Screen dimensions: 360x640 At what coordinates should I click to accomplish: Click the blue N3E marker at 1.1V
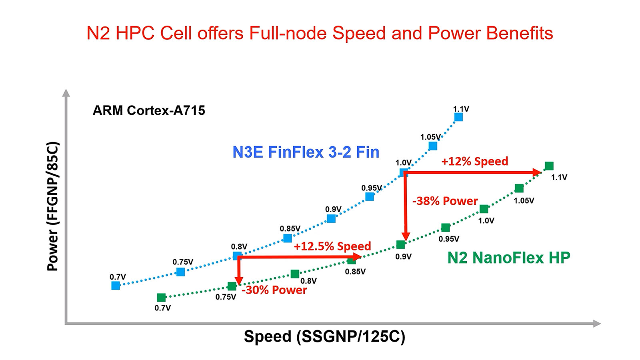pyautogui.click(x=458, y=117)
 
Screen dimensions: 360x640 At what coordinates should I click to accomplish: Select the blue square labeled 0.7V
pyautogui.click(x=116, y=286)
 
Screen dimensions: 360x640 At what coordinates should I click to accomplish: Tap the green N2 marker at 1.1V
pyautogui.click(x=549, y=166)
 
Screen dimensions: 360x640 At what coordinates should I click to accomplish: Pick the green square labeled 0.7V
pyautogui.click(x=161, y=298)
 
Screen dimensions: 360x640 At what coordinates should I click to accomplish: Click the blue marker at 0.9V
pyautogui.click(x=331, y=218)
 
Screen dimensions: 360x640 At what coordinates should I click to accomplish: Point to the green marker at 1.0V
pyautogui.click(x=484, y=209)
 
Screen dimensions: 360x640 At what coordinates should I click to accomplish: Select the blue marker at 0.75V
pyautogui.click(x=181, y=272)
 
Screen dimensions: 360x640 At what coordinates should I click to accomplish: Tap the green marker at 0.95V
pyautogui.click(x=446, y=228)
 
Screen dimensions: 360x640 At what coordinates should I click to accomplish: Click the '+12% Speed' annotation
pyautogui.click(x=474, y=161)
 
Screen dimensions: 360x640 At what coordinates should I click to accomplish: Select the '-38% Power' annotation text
pyautogui.click(x=445, y=201)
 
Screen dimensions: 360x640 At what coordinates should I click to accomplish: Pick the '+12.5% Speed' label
pyautogui.click(x=332, y=246)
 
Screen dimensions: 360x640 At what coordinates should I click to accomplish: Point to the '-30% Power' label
pyautogui.click(x=274, y=290)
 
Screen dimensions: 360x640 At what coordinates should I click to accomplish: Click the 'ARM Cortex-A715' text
pyautogui.click(x=149, y=110)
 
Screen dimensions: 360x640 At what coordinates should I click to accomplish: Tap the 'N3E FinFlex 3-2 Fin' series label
pyautogui.click(x=306, y=152)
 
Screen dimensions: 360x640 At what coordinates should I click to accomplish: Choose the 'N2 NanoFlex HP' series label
pyautogui.click(x=508, y=258)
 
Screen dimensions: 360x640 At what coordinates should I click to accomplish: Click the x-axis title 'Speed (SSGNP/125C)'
pyautogui.click(x=324, y=336)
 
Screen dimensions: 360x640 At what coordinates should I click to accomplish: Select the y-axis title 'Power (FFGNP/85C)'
pyautogui.click(x=53, y=206)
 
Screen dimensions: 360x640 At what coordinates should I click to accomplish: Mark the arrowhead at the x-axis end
pyautogui.click(x=597, y=323)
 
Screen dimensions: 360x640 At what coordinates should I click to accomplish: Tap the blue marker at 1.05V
pyautogui.click(x=433, y=146)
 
